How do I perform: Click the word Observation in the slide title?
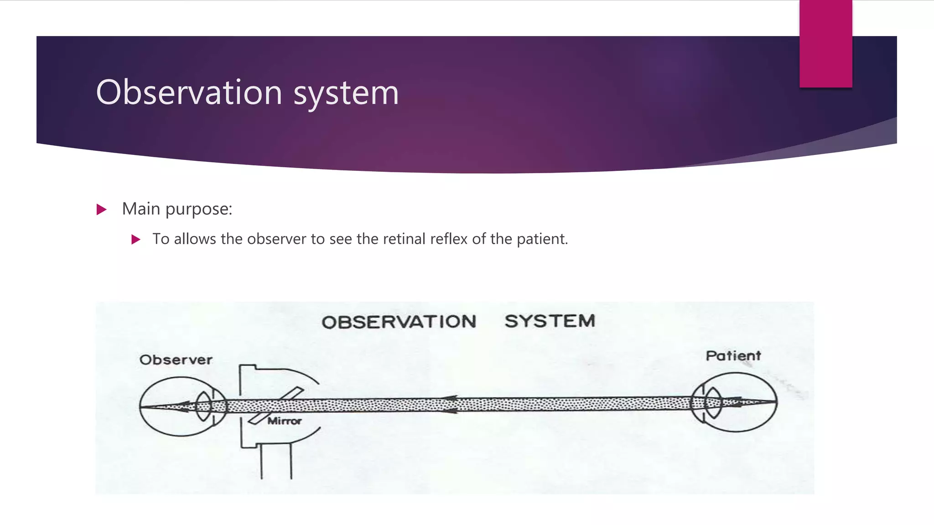(x=189, y=93)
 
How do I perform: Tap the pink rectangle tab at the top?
(x=825, y=44)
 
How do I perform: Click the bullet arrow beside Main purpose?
(x=102, y=210)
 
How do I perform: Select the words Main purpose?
(x=177, y=209)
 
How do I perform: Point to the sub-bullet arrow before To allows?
(x=135, y=239)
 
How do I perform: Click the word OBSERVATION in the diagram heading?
(x=399, y=322)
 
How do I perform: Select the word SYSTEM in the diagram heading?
(x=550, y=321)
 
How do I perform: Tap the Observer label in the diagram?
(x=176, y=360)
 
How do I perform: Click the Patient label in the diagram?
(x=733, y=356)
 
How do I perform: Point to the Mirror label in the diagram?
(x=284, y=421)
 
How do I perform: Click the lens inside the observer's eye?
(x=203, y=406)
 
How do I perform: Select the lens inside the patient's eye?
(x=713, y=402)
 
